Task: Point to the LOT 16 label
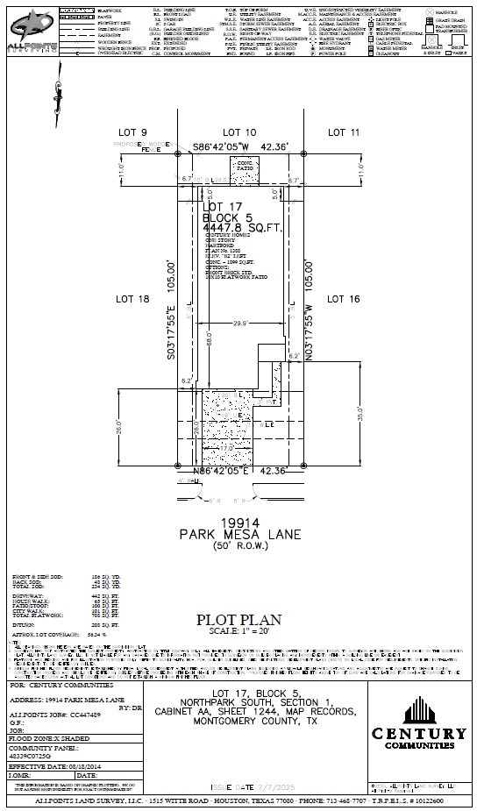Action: pyautogui.click(x=344, y=299)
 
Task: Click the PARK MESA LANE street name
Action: pyautogui.click(x=239, y=534)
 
